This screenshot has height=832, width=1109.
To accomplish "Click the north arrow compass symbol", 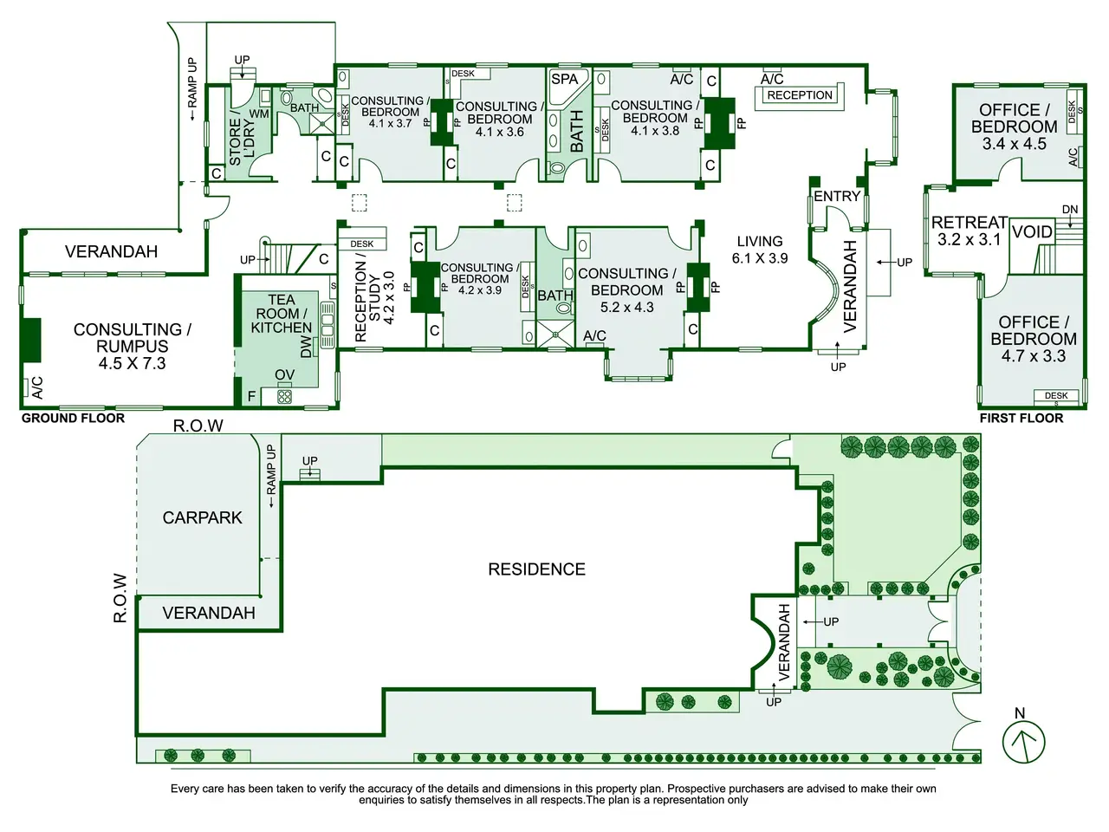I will [1024, 741].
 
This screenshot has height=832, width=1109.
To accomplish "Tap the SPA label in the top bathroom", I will [565, 79].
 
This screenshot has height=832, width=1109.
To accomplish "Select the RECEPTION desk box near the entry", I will [800, 95].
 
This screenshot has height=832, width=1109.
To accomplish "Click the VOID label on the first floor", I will [1032, 232].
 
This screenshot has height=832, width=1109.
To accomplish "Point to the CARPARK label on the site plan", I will [203, 517].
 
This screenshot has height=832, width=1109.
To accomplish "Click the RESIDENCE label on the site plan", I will [536, 569].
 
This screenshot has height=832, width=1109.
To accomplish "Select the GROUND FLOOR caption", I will [73, 418].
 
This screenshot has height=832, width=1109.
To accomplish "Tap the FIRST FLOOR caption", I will [1021, 418].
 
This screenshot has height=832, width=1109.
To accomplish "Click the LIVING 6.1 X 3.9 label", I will [760, 250].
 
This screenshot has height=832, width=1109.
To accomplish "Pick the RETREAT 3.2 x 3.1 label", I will [969, 231].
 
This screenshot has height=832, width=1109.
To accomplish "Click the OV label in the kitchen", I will [284, 374].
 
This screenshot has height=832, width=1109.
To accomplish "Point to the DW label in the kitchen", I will [307, 348].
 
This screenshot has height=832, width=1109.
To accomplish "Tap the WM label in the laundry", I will [259, 114].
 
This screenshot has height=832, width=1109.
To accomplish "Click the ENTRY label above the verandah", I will [837, 197].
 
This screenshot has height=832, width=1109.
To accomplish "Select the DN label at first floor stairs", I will [1070, 210].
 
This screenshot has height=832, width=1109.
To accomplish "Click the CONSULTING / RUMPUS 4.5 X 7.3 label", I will [132, 346].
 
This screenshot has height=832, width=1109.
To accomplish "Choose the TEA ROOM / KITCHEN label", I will [281, 314].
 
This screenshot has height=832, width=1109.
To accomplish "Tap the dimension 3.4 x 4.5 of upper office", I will [1014, 144].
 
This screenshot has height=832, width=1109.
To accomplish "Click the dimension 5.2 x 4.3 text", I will [627, 308].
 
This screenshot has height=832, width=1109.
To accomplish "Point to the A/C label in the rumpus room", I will [37, 387].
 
